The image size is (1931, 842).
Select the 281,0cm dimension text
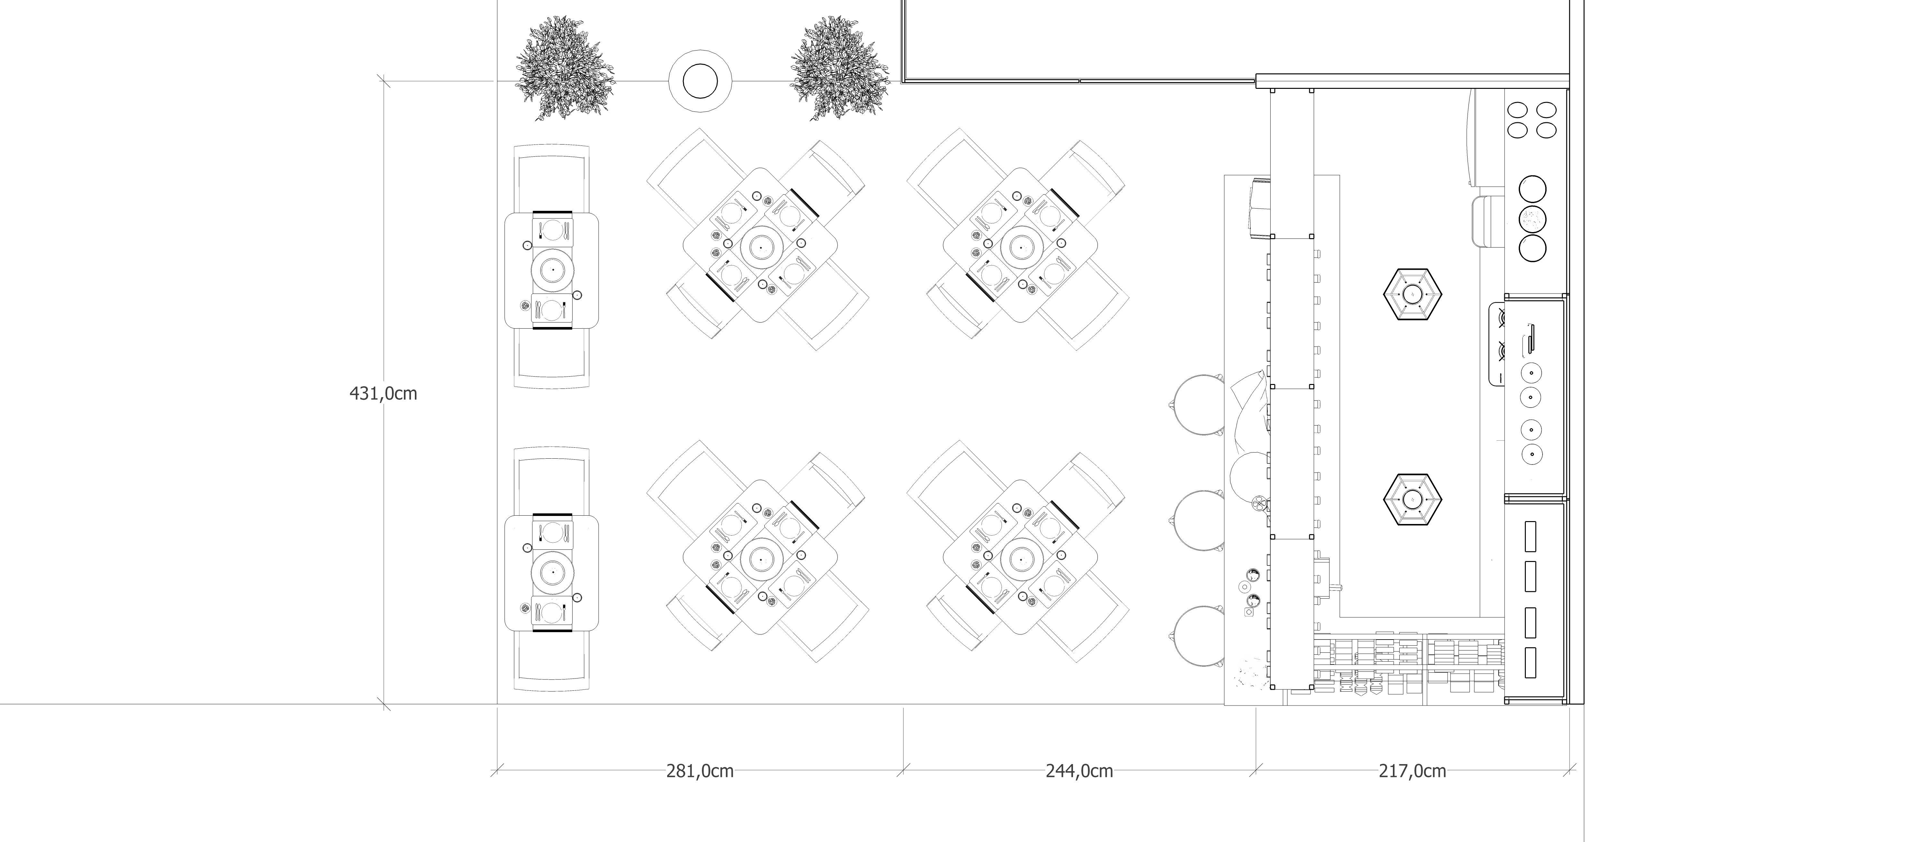click(699, 771)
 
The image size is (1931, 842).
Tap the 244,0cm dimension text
click(1079, 771)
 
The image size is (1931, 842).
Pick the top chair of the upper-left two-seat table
click(552, 180)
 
